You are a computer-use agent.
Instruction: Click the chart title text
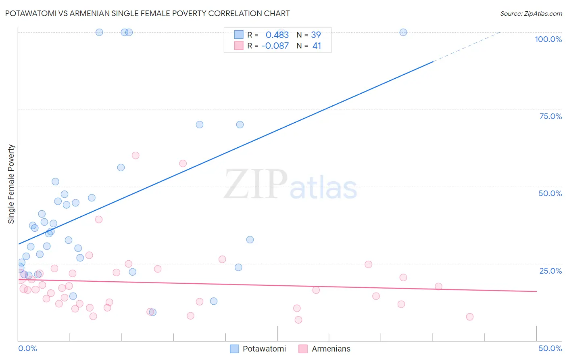pos(148,13)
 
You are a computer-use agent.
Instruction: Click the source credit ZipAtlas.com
pos(531,14)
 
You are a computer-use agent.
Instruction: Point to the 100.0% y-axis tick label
pos(548,39)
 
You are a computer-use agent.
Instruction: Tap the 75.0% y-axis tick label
pos(550,116)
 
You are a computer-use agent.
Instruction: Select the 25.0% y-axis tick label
pos(550,271)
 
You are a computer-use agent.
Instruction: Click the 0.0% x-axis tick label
pos(27,349)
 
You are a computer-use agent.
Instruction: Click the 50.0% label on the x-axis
pos(550,349)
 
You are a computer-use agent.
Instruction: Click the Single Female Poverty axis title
pos(11,184)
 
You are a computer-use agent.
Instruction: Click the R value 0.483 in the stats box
pos(277,35)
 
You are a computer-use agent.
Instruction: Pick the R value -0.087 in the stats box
pos(275,46)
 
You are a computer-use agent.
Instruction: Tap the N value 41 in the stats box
pos(317,46)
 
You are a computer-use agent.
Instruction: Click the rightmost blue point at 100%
pos(403,32)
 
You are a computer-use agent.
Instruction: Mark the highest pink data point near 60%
pos(135,155)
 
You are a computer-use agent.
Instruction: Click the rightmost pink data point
pos(469,317)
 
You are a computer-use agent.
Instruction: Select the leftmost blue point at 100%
pos(99,32)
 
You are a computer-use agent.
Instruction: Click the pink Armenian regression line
pos(282,285)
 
